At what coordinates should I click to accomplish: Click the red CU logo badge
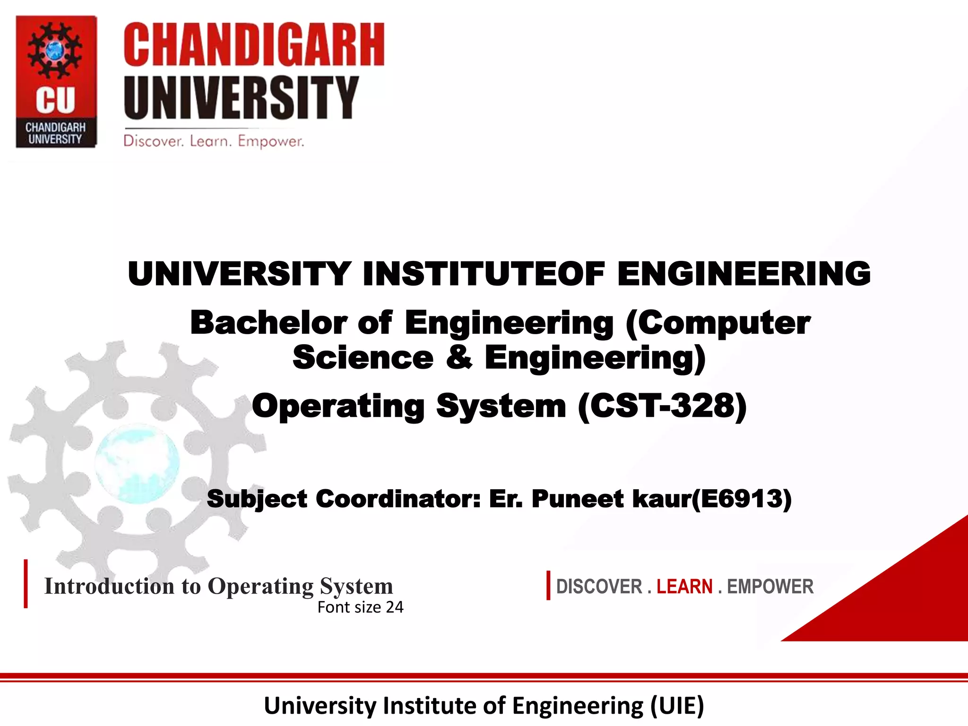(x=56, y=81)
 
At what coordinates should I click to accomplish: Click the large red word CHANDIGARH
(x=254, y=45)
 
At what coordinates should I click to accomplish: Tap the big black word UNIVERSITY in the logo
(x=241, y=98)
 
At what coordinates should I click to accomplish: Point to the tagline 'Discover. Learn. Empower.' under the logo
(x=214, y=141)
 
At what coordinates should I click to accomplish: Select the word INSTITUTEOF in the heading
(x=484, y=274)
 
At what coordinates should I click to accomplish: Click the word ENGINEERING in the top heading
(x=743, y=274)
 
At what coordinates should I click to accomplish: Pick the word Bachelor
(x=268, y=323)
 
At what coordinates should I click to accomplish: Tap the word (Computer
(x=717, y=323)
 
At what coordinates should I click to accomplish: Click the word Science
(x=363, y=357)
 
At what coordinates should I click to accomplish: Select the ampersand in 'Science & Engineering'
(x=459, y=357)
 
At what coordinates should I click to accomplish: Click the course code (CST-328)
(x=662, y=406)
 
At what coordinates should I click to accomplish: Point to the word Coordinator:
(x=398, y=499)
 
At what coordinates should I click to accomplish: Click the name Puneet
(x=578, y=499)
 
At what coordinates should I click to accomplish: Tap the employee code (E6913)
(x=741, y=499)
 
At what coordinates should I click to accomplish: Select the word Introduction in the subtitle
(x=109, y=586)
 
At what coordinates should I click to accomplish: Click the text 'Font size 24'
(x=360, y=607)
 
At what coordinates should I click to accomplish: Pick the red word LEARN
(x=684, y=587)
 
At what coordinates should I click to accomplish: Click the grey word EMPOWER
(x=770, y=587)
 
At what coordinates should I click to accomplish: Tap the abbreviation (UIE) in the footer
(x=677, y=706)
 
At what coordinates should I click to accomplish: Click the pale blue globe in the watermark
(x=137, y=463)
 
